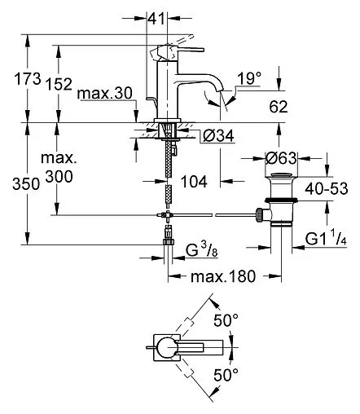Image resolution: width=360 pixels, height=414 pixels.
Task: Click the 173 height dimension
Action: (x=28, y=79)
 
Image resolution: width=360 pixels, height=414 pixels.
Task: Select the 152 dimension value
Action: (x=59, y=84)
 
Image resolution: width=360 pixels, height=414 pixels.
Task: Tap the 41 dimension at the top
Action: (x=156, y=19)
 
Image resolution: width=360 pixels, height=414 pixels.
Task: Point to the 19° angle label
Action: (x=249, y=78)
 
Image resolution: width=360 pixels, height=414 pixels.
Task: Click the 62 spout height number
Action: (x=279, y=107)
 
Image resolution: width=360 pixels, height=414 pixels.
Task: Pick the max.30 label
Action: (x=105, y=94)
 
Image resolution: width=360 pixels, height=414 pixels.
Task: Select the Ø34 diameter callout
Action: (x=218, y=135)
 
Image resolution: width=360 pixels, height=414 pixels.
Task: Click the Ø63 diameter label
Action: (x=281, y=158)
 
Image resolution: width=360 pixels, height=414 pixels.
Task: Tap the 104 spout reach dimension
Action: (x=194, y=182)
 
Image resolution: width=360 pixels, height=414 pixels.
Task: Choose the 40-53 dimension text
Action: (x=326, y=188)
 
